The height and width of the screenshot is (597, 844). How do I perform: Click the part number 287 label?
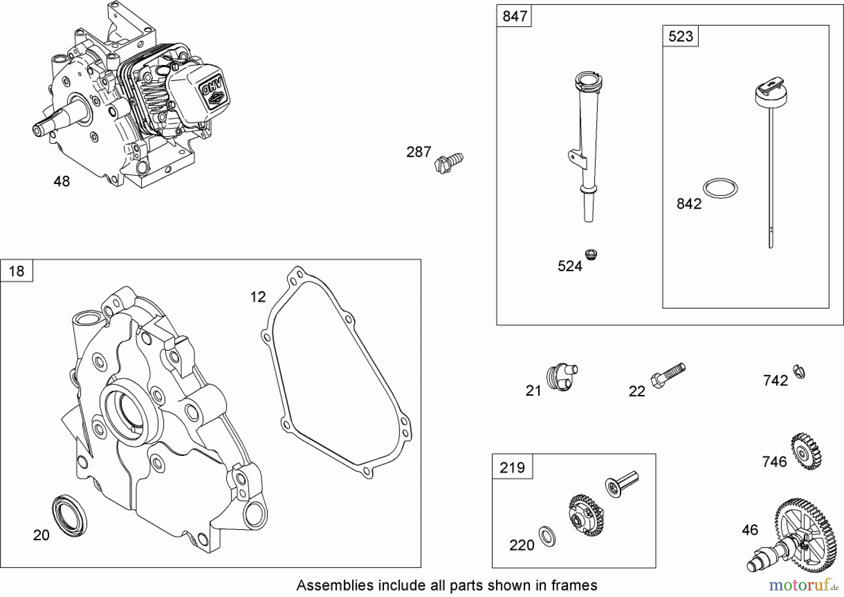click(x=418, y=152)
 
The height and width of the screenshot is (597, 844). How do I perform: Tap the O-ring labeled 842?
click(x=720, y=188)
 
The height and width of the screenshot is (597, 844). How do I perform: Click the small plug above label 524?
click(x=591, y=255)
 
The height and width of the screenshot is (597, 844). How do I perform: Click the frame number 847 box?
click(x=514, y=16)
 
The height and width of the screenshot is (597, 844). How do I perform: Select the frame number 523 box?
click(x=680, y=37)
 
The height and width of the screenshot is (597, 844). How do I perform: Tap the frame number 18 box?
click(x=17, y=271)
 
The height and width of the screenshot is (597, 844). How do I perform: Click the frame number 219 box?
click(x=512, y=467)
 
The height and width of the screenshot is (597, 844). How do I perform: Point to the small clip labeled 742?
click(x=799, y=371)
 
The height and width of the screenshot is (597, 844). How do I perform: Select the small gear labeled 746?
click(x=806, y=452)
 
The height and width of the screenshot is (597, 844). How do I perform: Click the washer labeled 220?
click(x=547, y=536)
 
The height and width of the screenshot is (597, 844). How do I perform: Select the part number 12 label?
click(x=258, y=297)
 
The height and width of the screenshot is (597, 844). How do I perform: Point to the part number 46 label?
click(x=750, y=530)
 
